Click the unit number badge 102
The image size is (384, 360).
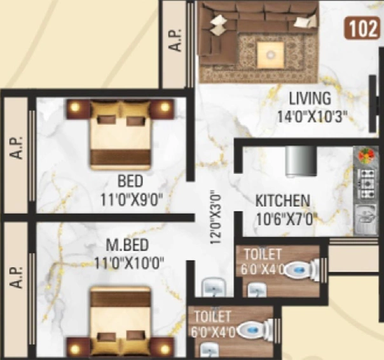(362, 28)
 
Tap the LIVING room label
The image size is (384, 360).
(310, 99)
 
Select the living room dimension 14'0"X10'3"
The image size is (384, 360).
(312, 116)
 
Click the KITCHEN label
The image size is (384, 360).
(283, 201)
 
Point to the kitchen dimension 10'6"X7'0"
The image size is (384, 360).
(286, 219)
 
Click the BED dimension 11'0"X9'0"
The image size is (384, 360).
(132, 200)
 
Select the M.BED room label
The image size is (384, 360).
(127, 245)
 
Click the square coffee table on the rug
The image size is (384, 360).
(271, 55)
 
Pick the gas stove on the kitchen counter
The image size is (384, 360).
(367, 184)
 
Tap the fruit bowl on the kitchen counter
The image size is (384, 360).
(366, 155)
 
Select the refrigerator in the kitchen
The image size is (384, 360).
(301, 162)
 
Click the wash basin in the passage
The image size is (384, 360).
(214, 287)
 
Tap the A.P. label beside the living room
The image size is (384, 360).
(176, 40)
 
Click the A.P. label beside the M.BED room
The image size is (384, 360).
(16, 277)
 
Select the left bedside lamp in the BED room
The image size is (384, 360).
(76, 107)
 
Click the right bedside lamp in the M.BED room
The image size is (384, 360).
(164, 349)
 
